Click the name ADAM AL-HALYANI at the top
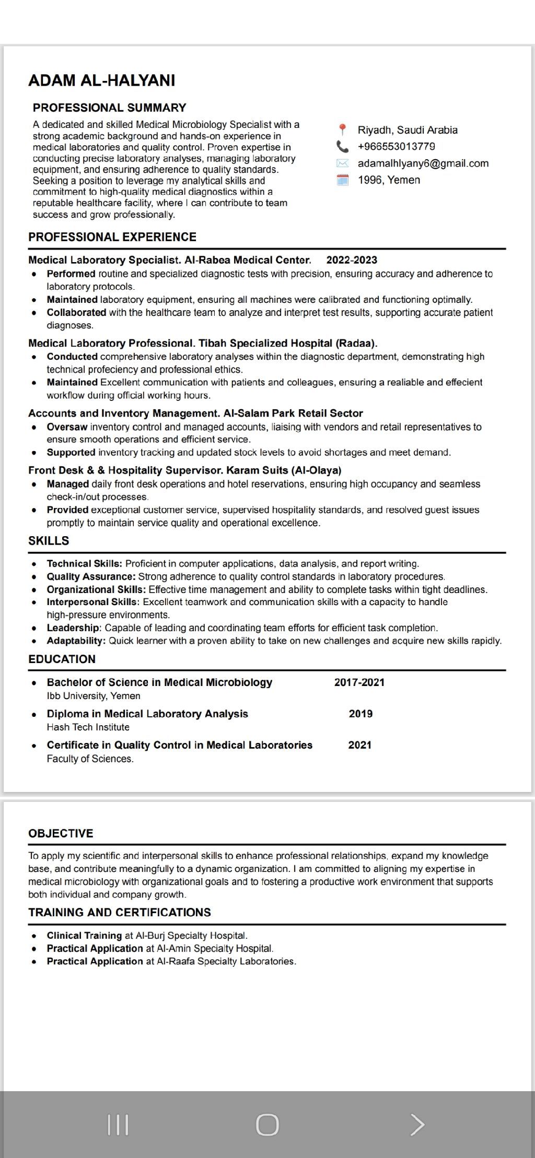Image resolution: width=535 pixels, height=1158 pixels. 102,80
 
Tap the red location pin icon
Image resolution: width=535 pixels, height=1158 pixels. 342,129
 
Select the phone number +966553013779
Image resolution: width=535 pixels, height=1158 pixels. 396,146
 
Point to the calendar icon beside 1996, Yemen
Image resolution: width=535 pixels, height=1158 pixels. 342,180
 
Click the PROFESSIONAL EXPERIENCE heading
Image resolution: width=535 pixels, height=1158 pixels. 112,237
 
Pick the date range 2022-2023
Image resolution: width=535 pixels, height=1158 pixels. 352,260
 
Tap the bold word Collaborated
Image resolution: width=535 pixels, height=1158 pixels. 76,313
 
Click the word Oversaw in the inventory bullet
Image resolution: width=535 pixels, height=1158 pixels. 67,427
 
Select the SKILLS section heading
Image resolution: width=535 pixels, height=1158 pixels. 49,541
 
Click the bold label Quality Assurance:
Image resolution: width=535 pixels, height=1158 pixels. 91,577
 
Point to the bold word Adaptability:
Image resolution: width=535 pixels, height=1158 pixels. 76,641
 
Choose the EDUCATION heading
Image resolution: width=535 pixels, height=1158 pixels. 62,659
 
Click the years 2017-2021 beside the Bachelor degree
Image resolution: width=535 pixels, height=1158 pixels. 359,682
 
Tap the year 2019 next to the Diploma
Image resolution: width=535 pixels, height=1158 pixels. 360,714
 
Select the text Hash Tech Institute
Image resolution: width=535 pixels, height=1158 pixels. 88,727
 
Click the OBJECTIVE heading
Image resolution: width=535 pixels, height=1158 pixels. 61,833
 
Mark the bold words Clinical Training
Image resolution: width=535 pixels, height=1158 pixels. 84,936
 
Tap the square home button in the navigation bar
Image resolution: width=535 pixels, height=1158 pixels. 267,1125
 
